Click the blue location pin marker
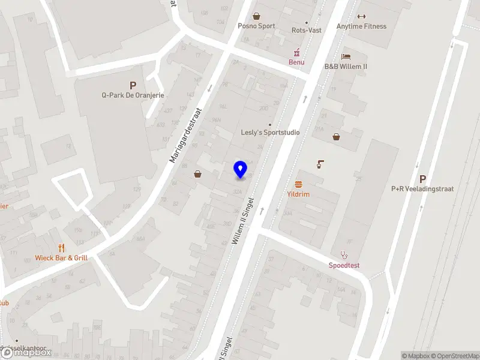[x=241, y=170]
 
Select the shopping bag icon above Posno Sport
[x=257, y=16]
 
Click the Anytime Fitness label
[x=361, y=26]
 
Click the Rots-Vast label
[x=306, y=30]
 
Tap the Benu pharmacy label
[x=296, y=62]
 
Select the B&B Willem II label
[x=346, y=66]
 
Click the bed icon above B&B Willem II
[x=346, y=56]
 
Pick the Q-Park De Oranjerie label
[x=133, y=95]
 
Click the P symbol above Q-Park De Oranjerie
[x=133, y=86]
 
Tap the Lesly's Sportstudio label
[x=270, y=132]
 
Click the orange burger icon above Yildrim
[x=298, y=185]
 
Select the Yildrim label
[x=298, y=194]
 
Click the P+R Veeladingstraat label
[x=422, y=188]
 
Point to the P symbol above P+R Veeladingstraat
[x=422, y=179]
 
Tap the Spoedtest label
[x=344, y=265]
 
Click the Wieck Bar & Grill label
[x=61, y=258]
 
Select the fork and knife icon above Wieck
[x=61, y=248]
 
